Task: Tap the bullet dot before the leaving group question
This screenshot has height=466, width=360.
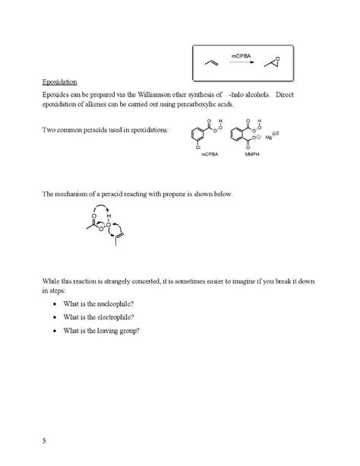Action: [57, 331]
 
